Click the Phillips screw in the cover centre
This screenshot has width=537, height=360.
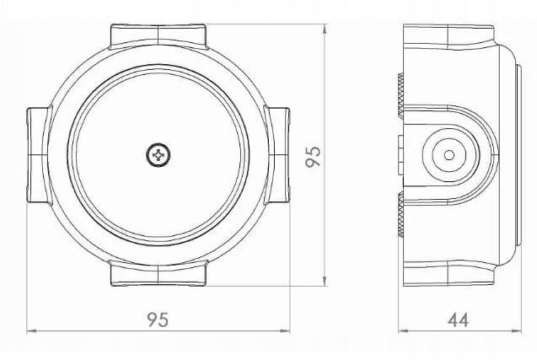click(158, 155)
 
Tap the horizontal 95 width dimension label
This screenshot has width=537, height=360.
click(158, 320)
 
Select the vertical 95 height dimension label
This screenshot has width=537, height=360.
click(313, 157)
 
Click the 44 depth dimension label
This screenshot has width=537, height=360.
click(458, 320)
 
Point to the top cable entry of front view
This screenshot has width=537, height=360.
click(158, 35)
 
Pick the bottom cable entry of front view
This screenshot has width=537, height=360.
click(158, 273)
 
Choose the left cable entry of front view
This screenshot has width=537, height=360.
click(39, 155)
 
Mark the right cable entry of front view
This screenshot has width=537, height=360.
click(277, 155)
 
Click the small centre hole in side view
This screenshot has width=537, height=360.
click(449, 155)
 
